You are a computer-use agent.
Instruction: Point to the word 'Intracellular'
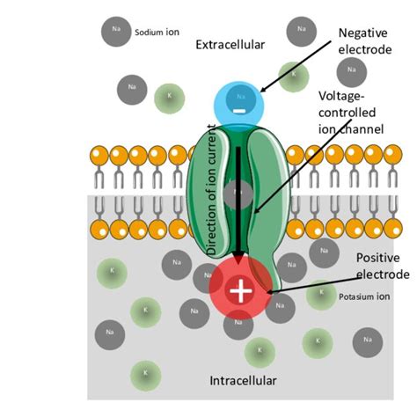243,381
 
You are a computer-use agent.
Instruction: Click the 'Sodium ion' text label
157,33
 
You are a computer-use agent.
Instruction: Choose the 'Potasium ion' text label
362,296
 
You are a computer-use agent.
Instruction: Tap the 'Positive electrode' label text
382,267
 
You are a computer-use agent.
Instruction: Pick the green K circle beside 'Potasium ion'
321,294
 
